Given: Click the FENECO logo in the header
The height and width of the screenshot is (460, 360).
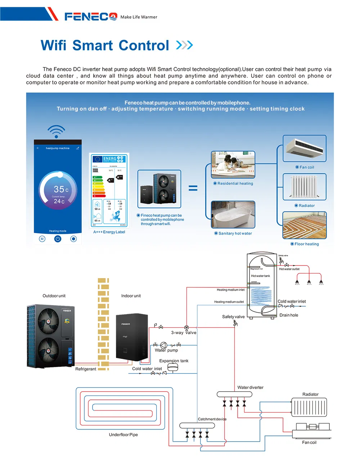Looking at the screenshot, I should click(x=91, y=17).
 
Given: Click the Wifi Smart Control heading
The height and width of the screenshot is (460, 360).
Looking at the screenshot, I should click(x=105, y=45).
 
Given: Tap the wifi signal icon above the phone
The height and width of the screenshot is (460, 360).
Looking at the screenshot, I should click(x=56, y=131).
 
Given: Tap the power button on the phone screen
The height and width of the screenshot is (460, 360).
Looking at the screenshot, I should click(x=58, y=238).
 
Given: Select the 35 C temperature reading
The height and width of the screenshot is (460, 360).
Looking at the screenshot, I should click(x=60, y=189).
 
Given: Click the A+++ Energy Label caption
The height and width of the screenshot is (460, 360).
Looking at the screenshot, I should click(x=109, y=232).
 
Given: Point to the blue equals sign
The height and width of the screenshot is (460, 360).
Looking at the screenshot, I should click(x=193, y=188).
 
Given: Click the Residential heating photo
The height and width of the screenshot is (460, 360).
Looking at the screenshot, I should click(x=233, y=165).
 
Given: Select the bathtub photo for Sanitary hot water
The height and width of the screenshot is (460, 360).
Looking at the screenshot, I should click(x=233, y=214).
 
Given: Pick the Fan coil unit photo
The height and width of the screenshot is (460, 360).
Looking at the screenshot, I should click(x=304, y=149).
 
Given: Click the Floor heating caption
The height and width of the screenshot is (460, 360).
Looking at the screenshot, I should click(x=306, y=244).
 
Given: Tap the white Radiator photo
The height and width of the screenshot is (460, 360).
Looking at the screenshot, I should click(x=304, y=187).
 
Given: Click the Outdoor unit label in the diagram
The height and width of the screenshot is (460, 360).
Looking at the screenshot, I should click(x=54, y=296).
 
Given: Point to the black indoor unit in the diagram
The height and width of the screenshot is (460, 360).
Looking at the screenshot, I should click(x=132, y=336).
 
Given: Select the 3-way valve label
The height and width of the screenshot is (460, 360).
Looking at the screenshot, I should click(x=184, y=333).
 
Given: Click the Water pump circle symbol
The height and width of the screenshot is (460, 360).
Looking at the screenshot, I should click(x=163, y=345).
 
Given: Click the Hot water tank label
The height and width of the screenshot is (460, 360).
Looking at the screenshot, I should click(x=260, y=276).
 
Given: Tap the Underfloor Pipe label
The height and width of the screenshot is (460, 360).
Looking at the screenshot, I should click(x=123, y=435).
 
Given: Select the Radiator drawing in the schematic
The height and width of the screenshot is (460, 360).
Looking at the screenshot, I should click(x=309, y=407).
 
